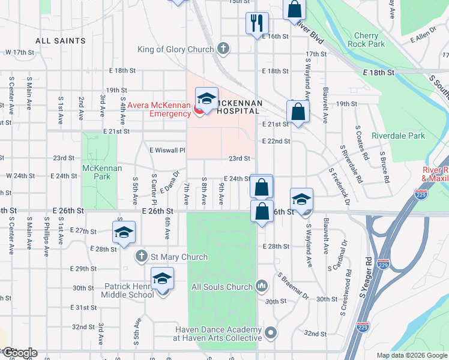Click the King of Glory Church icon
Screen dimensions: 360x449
[x=223, y=49]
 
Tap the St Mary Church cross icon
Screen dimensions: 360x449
[x=142, y=256]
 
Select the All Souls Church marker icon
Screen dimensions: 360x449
[x=261, y=286]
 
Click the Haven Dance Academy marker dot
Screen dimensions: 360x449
[x=271, y=332]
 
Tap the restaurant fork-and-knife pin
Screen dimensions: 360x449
[x=257, y=23]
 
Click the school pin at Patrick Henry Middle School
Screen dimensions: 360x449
[x=162, y=280]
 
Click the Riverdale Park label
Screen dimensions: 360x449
[x=398, y=136]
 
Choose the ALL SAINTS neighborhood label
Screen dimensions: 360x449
[x=61, y=41]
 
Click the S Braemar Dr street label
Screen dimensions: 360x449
[x=293, y=287]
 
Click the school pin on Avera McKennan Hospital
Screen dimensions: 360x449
[x=206, y=99]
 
